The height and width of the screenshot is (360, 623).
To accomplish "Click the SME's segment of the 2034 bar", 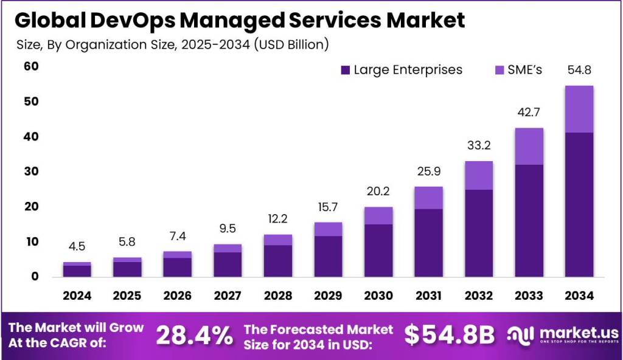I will tap(579, 109).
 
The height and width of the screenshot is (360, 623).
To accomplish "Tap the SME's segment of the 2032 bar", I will tap(478, 176).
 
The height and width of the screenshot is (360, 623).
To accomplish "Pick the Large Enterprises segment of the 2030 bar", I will tap(378, 250).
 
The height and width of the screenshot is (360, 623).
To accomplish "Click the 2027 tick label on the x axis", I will tap(228, 296).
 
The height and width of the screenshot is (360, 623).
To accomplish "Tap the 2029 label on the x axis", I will tap(328, 296).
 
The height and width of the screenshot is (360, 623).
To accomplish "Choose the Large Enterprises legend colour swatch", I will tap(346, 70).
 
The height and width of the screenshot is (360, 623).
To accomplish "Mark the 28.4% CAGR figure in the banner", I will tap(194, 335).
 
